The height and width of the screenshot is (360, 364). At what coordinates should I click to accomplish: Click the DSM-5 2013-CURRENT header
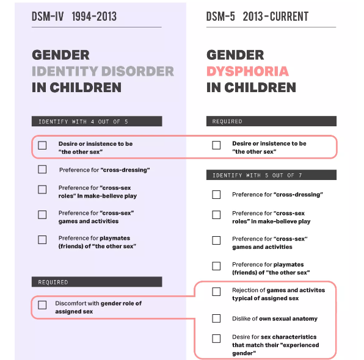coord(257,16)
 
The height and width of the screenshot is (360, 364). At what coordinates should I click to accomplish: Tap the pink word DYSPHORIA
coord(247,71)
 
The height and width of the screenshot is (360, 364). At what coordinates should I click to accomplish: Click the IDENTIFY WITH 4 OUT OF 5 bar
coord(96,121)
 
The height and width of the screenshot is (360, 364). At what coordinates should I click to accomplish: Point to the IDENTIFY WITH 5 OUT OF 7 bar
coord(271,175)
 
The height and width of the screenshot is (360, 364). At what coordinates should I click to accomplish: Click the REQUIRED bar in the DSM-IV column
coord(96,282)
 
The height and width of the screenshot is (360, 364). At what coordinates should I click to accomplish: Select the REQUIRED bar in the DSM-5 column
coord(271,121)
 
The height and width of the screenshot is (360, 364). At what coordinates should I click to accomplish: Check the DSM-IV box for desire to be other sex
coord(42,145)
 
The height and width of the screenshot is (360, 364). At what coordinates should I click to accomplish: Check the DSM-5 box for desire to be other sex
coord(216,145)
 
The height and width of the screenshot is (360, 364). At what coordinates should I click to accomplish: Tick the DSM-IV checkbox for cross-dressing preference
coord(42,170)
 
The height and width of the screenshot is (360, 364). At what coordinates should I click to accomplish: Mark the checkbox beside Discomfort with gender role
coord(42,305)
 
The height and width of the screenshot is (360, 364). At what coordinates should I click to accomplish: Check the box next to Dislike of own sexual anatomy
coord(216,319)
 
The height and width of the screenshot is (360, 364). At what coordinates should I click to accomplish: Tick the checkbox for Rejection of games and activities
coord(216,292)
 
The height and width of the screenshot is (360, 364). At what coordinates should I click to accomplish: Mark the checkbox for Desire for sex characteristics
coord(216,339)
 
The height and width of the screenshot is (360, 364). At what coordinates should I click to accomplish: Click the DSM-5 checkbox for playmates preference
coord(216,266)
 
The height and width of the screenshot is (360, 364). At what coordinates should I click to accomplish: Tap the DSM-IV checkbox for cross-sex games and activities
coord(42,215)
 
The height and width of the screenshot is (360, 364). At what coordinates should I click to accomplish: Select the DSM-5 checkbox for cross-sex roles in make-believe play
coord(216,215)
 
